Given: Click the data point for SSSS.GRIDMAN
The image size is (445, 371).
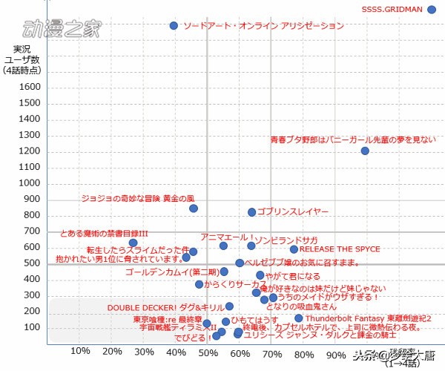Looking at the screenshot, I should pos(432,10).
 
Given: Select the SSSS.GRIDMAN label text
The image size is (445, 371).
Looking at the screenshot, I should pos(392,10).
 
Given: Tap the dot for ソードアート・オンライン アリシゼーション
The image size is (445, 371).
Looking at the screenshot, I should pos(174,25).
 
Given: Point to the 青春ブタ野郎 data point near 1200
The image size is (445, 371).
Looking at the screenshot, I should pos(365,151).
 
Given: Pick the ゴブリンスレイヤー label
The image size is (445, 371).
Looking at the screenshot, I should pos(294,212).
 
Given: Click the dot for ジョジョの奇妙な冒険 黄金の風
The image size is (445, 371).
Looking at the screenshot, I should pos(194,209).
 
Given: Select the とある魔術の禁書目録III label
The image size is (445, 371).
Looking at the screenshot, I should pos(104,233).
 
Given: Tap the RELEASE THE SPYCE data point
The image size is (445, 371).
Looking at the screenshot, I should pos(294,249).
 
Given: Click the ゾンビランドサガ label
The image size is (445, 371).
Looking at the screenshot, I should pos(286,240).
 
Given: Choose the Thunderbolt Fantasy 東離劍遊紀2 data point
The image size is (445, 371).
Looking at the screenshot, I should pos(298,318).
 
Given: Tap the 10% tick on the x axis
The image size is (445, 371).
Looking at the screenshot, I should pos(80,351).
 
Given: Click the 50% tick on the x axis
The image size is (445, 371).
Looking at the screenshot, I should pos(208,351).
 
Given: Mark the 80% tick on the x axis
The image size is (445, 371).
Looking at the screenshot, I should pos(304,351).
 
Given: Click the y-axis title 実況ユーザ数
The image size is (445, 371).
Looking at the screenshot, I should pos(22,59).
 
